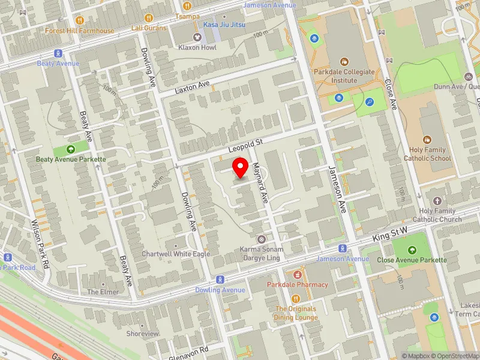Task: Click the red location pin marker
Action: pyautogui.click(x=241, y=167)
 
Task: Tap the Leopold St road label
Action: pyautogui.click(x=245, y=146)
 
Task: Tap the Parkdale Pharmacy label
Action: pyautogui.click(x=298, y=284)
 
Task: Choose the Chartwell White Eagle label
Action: pyautogui.click(x=176, y=254)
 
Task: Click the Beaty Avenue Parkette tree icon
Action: pyautogui.click(x=71, y=149)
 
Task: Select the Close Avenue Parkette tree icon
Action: pyautogui.click(x=412, y=250)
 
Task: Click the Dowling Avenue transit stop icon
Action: pyautogui.click(x=220, y=280)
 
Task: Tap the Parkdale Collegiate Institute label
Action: pyautogui.click(x=344, y=76)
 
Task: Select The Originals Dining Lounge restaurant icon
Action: pyautogui.click(x=296, y=299)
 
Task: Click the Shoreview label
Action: pyautogui.click(x=143, y=334)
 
